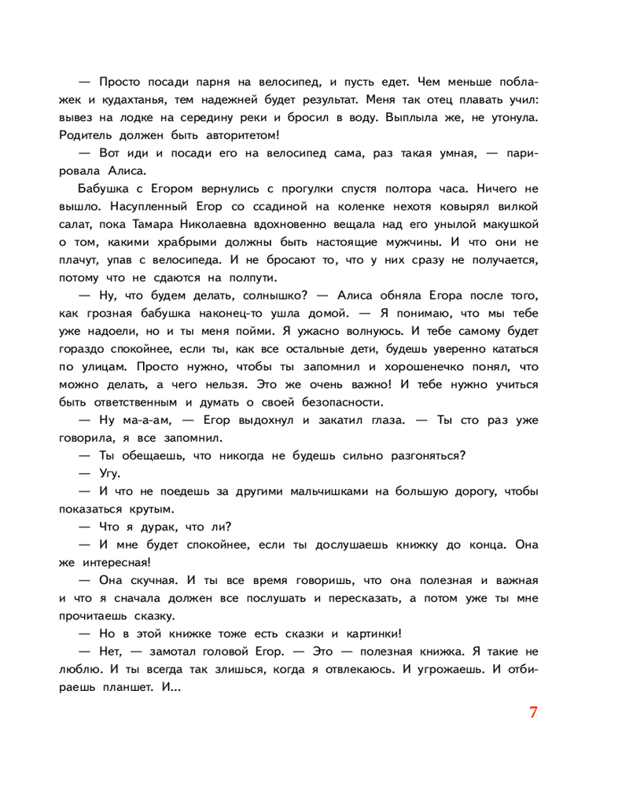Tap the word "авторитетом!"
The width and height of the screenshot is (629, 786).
236,134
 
